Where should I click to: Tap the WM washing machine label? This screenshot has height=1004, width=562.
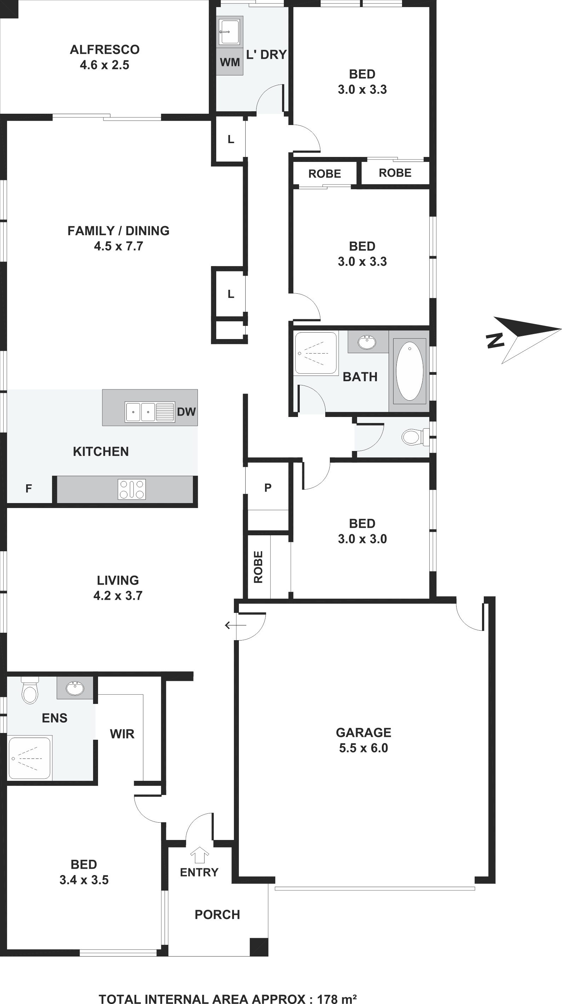(x=230, y=62)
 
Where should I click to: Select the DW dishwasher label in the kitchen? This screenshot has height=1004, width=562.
(x=186, y=412)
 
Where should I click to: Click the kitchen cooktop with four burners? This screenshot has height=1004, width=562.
(x=132, y=489)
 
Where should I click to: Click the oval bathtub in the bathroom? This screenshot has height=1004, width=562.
(x=409, y=371)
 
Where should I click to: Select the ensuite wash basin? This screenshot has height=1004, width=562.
(x=75, y=688)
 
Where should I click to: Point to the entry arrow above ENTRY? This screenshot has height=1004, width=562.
(x=199, y=855)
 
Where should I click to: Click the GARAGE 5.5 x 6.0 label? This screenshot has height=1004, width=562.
(x=363, y=740)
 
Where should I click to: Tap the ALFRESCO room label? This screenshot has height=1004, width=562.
(x=105, y=50)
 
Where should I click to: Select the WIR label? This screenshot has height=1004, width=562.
(x=122, y=734)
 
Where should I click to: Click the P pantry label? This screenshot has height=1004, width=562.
(x=268, y=487)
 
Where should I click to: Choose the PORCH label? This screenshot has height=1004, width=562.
(x=217, y=915)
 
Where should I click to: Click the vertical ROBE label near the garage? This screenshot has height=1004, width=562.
(x=258, y=567)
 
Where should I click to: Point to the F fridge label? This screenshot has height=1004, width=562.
(x=28, y=488)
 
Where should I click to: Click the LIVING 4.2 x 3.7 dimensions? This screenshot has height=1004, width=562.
(x=118, y=596)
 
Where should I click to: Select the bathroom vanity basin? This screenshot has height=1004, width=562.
(x=367, y=342)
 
